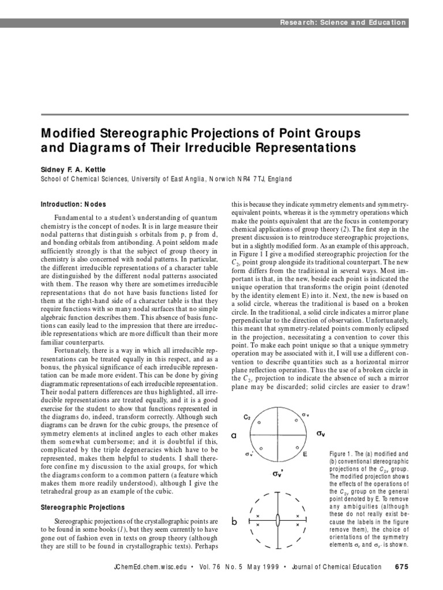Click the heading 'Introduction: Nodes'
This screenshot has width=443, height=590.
[73, 205]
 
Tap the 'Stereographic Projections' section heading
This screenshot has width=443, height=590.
[82, 508]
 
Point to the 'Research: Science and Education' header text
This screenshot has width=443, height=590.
[343, 23]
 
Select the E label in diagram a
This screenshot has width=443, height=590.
[305, 454]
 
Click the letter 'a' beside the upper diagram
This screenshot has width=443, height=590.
[234, 436]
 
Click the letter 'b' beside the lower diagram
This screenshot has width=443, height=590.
[234, 521]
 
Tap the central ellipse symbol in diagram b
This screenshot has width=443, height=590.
[278, 520]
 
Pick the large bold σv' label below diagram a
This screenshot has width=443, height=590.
[278, 474]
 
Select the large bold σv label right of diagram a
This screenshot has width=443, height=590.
[321, 432]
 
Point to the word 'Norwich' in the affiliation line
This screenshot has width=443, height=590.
[221, 179]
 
